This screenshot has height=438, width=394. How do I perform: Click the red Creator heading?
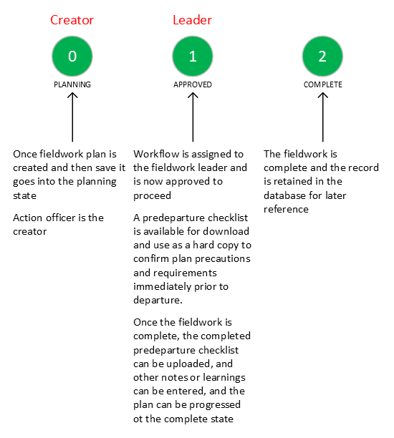(x=72, y=20)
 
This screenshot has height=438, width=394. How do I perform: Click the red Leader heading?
(x=192, y=20)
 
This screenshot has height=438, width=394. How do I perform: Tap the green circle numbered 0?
(x=72, y=56)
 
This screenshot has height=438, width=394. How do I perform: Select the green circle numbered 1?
(x=193, y=56)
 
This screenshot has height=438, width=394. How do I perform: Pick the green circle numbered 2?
(x=322, y=56)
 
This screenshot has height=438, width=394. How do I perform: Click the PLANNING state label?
(x=72, y=84)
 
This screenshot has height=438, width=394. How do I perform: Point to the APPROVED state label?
(x=193, y=84)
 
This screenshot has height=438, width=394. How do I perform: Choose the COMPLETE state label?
(x=322, y=84)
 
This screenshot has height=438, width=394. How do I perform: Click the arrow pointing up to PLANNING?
(x=72, y=117)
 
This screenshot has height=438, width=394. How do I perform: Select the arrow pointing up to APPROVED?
(x=193, y=117)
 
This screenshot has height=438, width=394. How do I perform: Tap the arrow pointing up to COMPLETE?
(x=322, y=117)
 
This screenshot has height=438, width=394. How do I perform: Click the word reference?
(x=286, y=209)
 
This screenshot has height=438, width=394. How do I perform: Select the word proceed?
(x=152, y=195)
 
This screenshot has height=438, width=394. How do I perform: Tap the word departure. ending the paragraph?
(x=158, y=301)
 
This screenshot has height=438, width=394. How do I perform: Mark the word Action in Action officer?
(x=27, y=218)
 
